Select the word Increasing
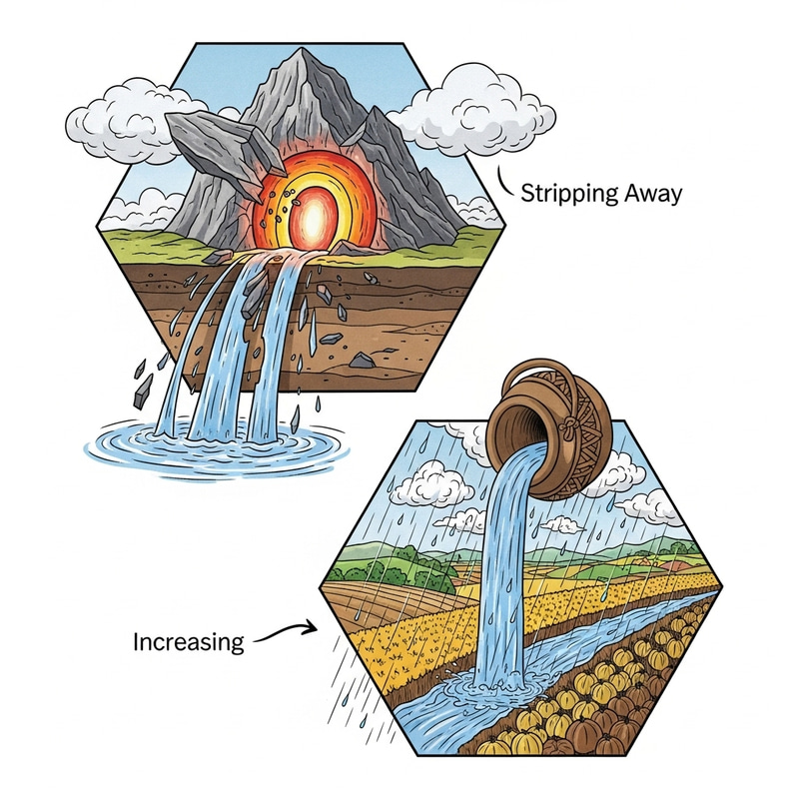tap(189, 640)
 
